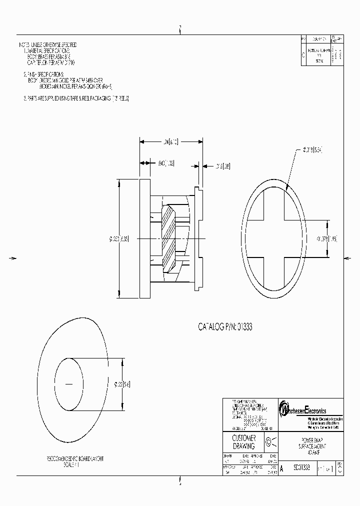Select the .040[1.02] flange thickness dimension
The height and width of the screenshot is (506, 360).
click(x=165, y=163)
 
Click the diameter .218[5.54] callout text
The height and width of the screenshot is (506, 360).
click(x=314, y=149)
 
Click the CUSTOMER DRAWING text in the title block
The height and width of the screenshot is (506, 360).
click(x=243, y=442)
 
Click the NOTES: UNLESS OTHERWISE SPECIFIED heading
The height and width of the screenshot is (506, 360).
click(x=47, y=45)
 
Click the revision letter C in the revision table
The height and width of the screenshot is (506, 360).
click(x=303, y=55)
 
